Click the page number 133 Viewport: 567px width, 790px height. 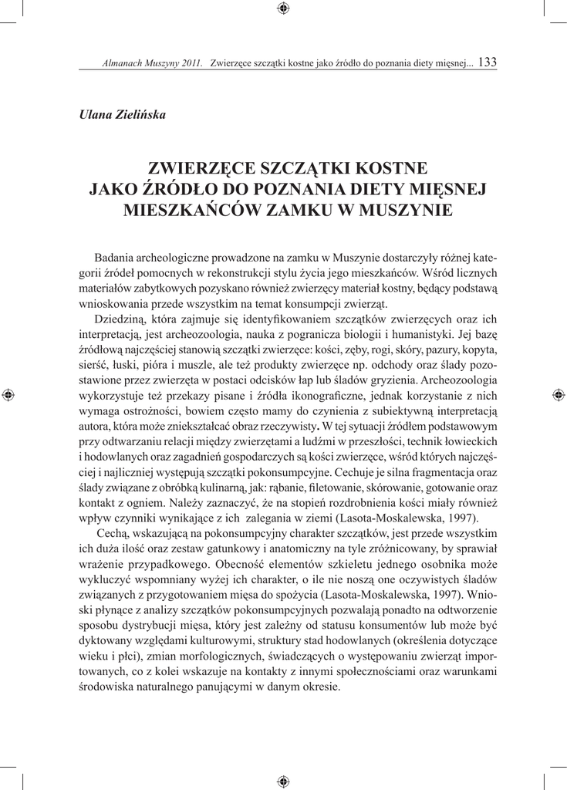488,63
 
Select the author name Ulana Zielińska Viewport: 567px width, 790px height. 123,115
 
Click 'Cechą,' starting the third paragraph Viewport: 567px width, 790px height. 116,533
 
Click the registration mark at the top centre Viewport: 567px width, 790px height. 283,8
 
